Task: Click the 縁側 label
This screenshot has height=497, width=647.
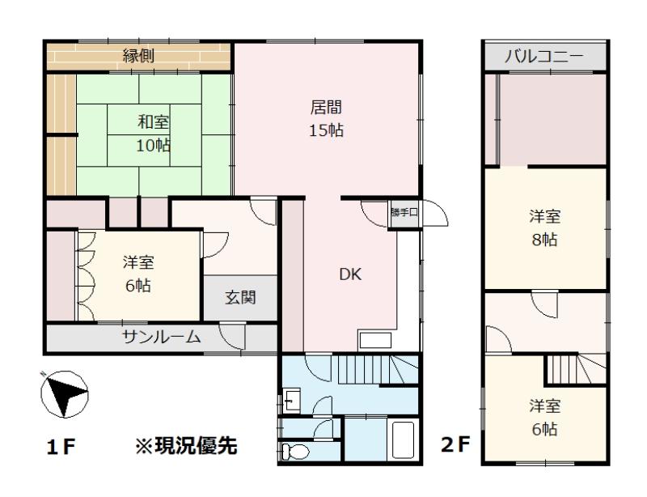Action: pyautogui.click(x=138, y=55)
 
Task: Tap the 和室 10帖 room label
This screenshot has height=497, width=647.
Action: pyautogui.click(x=153, y=134)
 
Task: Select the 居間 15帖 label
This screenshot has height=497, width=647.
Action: pyautogui.click(x=326, y=118)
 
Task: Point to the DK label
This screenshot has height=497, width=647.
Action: pyautogui.click(x=350, y=274)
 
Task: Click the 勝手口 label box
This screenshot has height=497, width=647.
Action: pyautogui.click(x=404, y=214)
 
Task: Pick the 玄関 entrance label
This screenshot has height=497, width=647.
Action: pyautogui.click(x=240, y=297)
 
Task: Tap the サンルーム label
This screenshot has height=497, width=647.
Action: pyautogui.click(x=162, y=337)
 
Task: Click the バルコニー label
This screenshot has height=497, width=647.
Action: pyautogui.click(x=543, y=56)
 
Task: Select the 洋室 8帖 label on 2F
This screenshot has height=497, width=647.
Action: pyautogui.click(x=544, y=227)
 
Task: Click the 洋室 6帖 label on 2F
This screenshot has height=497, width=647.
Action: pyautogui.click(x=544, y=418)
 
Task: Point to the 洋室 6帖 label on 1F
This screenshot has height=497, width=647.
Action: pyautogui.click(x=138, y=274)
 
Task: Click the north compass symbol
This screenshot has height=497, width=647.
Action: pyautogui.click(x=65, y=393)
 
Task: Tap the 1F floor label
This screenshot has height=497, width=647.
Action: pyautogui.click(x=61, y=447)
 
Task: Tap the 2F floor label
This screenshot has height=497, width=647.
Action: pyautogui.click(x=455, y=444)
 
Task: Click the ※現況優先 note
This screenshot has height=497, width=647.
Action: pyautogui.click(x=187, y=445)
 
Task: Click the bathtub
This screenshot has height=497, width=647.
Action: pyautogui.click(x=403, y=440)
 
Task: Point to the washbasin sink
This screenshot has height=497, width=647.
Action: pyautogui.click(x=291, y=400)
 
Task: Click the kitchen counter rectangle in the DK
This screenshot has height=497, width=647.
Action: pyautogui.click(x=375, y=341)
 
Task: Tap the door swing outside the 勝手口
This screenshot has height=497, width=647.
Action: pyautogui.click(x=434, y=213)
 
